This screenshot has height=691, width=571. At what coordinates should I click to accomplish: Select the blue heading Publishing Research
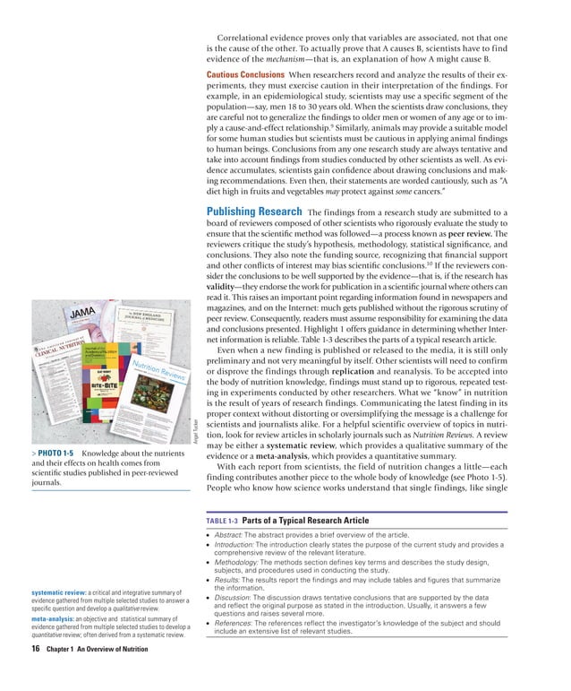(251, 211)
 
